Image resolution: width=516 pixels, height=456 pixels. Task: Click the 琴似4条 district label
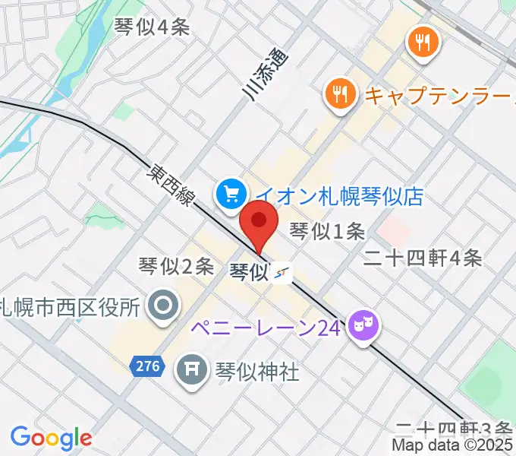[x=152, y=27]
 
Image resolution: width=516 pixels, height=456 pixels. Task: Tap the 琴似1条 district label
[x=329, y=231]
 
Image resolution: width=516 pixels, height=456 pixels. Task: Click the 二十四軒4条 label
[x=423, y=258]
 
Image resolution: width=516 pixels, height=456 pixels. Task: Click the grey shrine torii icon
[x=190, y=371]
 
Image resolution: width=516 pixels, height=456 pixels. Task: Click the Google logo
[x=51, y=438]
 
